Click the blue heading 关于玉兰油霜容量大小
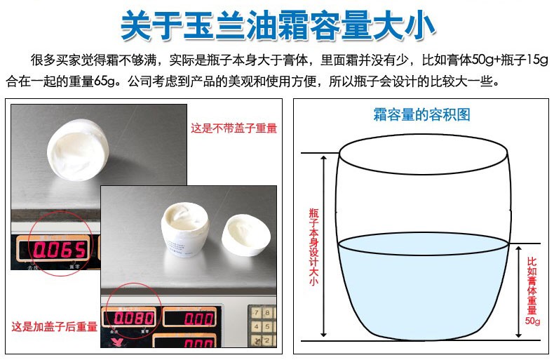pyautogui.click(x=278, y=25)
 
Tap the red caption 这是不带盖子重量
pyautogui.click(x=234, y=128)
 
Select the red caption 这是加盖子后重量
pyautogui.click(x=54, y=326)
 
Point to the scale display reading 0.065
pyautogui.click(x=60, y=250)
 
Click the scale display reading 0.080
pyautogui.click(x=133, y=319)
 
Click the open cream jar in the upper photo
pyautogui.click(x=78, y=150)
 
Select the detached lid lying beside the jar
pyautogui.click(x=246, y=235)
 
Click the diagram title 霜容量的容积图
pyautogui.click(x=422, y=115)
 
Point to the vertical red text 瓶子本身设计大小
pyautogui.click(x=313, y=246)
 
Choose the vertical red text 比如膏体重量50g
pyautogui.click(x=532, y=291)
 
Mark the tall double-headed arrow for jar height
pyautogui.click(x=323, y=246)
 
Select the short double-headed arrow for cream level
pyautogui.click(x=518, y=292)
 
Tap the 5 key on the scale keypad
pyautogui.click(x=267, y=327)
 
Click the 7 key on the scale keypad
pyautogui.click(x=257, y=312)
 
